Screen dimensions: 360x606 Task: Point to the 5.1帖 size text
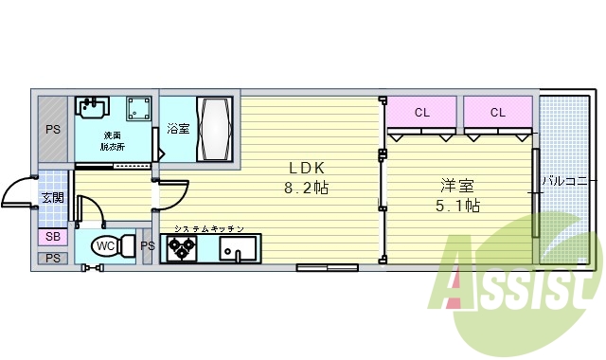tap(457, 205)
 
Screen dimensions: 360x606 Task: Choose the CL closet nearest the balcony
tap(497, 114)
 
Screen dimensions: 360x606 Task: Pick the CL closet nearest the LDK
tap(421, 114)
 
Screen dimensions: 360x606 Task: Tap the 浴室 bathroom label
tap(178, 129)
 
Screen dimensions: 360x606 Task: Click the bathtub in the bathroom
tap(213, 129)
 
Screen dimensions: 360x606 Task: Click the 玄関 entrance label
tap(51, 197)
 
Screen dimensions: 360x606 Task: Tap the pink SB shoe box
tap(51, 237)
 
